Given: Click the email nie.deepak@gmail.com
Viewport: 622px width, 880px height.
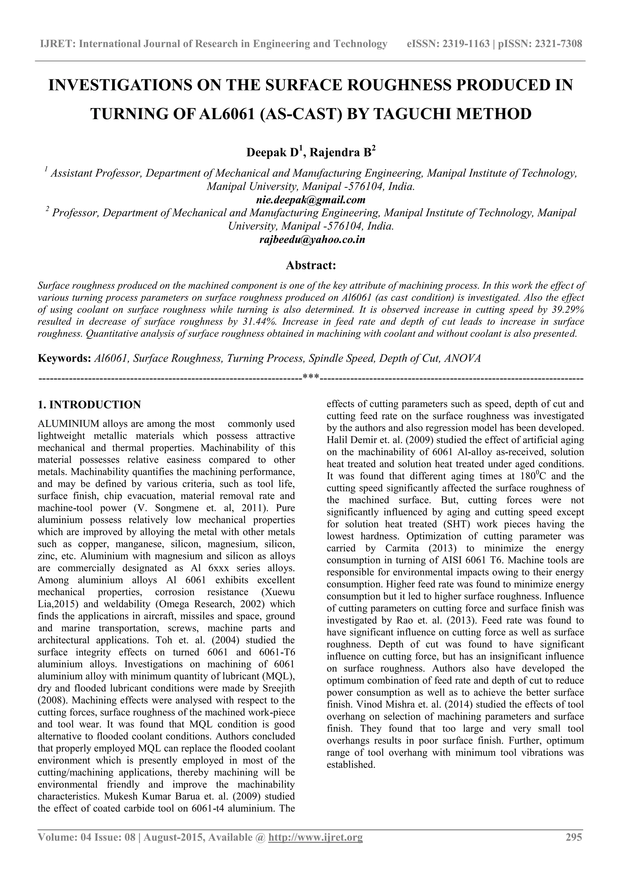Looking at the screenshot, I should click(311, 200).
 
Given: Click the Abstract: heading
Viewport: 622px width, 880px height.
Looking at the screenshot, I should click(311, 265).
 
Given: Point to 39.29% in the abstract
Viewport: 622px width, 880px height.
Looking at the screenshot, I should click(568, 310).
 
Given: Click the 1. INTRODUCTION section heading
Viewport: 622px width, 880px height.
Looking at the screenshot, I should click(90, 405).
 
